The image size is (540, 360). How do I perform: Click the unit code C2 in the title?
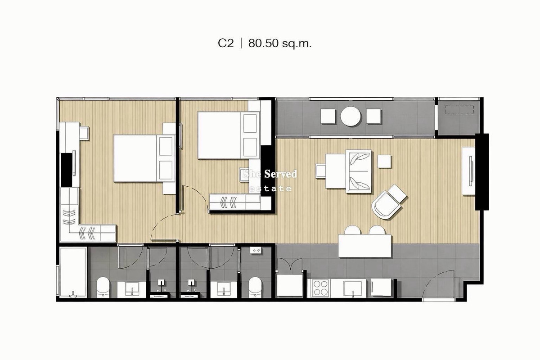tap(225, 43)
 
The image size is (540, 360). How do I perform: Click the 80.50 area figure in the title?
tap(264, 43)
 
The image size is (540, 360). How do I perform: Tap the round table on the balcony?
tap(351, 116)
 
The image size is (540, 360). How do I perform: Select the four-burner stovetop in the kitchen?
tap(320, 288)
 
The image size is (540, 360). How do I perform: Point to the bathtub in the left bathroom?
tap(73, 272)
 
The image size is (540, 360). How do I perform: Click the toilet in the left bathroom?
tap(103, 287)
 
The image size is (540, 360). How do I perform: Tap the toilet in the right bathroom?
tap(255, 287)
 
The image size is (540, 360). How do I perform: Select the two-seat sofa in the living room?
tap(359, 171)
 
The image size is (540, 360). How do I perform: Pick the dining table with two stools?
tap(365, 246)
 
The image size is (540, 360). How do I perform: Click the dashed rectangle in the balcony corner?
tap(459, 109)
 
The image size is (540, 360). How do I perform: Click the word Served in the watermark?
tap(281, 174)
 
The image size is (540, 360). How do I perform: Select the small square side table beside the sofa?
tap(384, 162)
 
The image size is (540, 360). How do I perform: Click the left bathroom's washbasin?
tap(131, 289)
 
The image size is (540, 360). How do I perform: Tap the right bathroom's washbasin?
tap(224, 289)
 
